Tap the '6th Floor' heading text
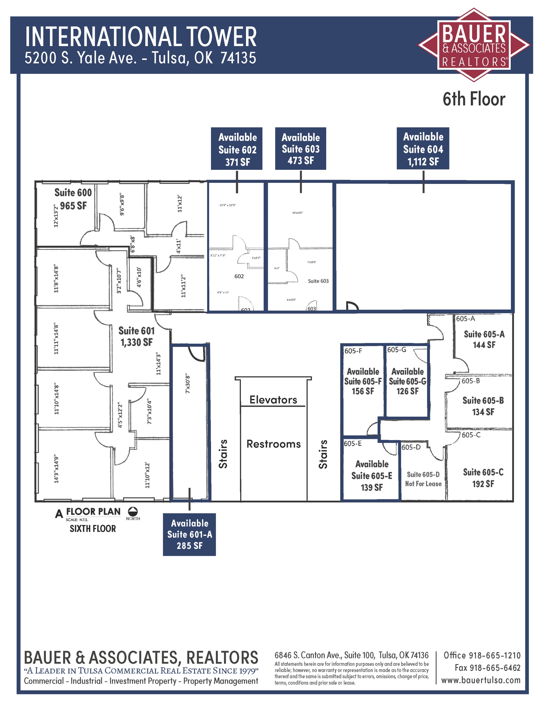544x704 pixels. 474,99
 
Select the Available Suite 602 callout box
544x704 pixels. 237,149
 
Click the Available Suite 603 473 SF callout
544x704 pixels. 300,149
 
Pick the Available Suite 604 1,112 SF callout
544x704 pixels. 423,149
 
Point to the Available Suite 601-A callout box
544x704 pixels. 189,534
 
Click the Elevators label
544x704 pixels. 273,400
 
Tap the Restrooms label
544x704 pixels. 274,444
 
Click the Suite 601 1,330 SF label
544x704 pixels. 136,336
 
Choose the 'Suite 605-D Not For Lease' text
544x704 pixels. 423,479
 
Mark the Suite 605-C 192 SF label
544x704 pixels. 483,478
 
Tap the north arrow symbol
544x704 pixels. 133,511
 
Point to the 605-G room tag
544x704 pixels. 397,350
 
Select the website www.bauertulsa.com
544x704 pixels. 480,680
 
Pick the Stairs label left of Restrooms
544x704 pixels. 223,454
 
